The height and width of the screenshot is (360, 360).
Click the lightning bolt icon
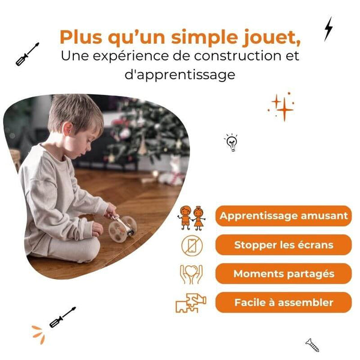328,28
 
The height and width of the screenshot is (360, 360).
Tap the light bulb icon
231,142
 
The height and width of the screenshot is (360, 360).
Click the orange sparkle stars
281,107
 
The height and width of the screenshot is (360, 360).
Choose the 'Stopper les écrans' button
283,245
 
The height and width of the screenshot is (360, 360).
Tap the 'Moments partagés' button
283,274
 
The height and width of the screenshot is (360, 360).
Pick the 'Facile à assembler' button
283,302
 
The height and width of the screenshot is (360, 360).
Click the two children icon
191,217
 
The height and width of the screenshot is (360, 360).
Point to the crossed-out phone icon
191,245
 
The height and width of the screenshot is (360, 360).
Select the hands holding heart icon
191,274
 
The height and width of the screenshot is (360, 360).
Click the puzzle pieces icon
191,303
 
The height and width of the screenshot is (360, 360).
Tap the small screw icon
312,344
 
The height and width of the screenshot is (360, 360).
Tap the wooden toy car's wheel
118,232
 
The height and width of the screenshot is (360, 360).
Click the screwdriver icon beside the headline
28,54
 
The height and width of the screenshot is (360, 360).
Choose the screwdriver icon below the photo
62,317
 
